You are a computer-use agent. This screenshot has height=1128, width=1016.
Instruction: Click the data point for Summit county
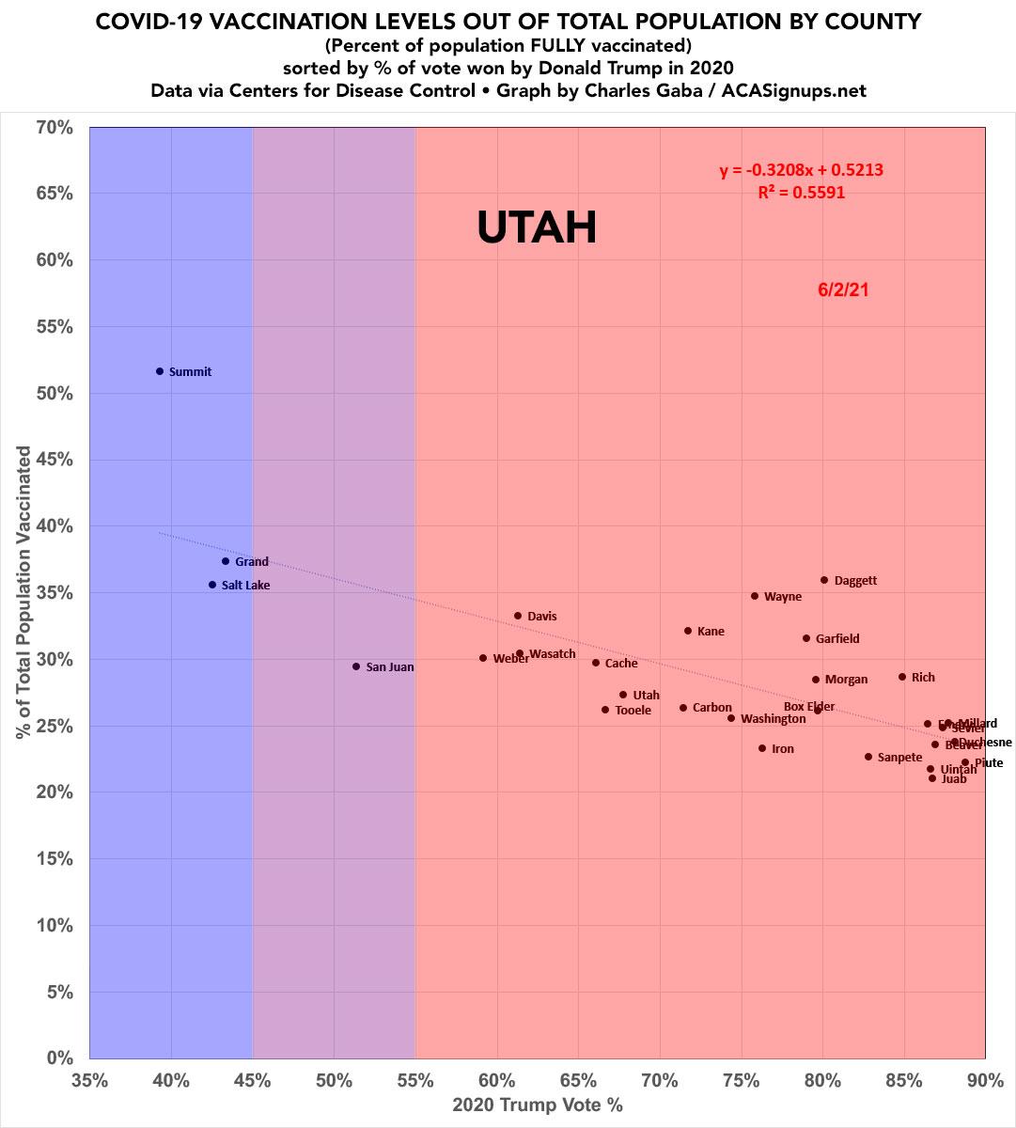(x=160, y=371)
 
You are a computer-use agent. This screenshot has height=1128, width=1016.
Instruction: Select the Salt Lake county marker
(x=212, y=585)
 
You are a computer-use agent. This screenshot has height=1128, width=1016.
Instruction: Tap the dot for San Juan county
(x=356, y=666)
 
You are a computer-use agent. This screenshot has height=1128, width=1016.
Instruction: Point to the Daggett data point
(x=824, y=580)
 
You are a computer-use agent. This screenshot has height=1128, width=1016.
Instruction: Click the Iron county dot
(x=762, y=748)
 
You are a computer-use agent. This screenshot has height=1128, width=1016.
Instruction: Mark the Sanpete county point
(x=868, y=757)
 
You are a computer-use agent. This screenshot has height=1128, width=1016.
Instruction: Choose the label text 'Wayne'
(x=783, y=597)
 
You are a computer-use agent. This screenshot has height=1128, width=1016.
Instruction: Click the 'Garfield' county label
(x=836, y=639)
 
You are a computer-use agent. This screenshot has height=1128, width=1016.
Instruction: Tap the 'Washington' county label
(x=773, y=719)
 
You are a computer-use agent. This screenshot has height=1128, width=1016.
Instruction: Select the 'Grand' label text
(x=251, y=562)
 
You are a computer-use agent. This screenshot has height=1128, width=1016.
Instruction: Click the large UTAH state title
(x=537, y=227)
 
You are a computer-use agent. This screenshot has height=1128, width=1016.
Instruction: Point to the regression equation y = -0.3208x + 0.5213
(x=801, y=171)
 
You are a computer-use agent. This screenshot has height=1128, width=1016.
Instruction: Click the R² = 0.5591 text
(x=801, y=193)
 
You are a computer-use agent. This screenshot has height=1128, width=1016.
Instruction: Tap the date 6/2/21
(x=843, y=290)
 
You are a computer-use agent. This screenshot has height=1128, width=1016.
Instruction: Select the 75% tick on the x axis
(x=742, y=1081)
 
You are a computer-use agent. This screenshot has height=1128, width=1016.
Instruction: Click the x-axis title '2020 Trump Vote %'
(x=538, y=1105)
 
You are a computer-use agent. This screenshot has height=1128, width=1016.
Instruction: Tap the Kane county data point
(x=688, y=631)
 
